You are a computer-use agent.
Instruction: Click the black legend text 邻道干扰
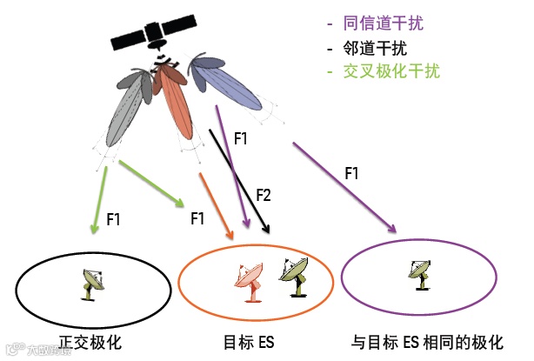pyautogui.click(x=376, y=48)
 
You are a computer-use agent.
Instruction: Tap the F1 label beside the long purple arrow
pyautogui.click(x=351, y=174)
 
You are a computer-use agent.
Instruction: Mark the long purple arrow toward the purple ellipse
pyautogui.click(x=343, y=186)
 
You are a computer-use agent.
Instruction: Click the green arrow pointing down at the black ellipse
pyautogui.click(x=100, y=200)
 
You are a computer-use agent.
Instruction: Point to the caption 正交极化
pyautogui.click(x=90, y=343)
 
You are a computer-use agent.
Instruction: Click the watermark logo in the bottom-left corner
pyautogui.click(x=12, y=351)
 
